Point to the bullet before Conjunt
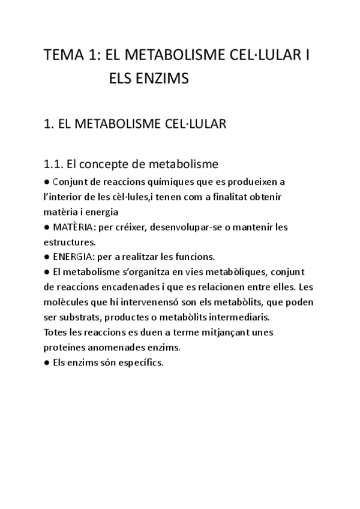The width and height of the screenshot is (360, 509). click(x=47, y=181)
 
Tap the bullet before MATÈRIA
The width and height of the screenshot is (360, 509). click(x=47, y=227)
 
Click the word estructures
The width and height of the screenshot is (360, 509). click(x=68, y=242)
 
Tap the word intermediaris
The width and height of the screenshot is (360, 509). click(x=241, y=316)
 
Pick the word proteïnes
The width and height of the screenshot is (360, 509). click(x=65, y=347)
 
